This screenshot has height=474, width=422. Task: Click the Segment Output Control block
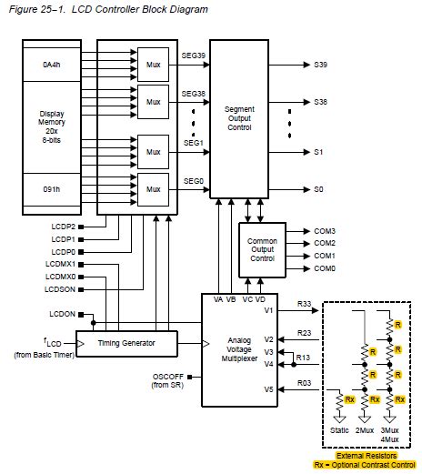pyautogui.click(x=246, y=118)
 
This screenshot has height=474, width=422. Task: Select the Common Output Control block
pyautogui.click(x=262, y=249)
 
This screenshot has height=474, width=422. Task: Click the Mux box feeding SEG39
pyautogui.click(x=151, y=65)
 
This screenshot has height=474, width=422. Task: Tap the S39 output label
pyautogui.click(x=320, y=65)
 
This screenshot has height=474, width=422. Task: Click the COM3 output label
pyautogui.click(x=326, y=231)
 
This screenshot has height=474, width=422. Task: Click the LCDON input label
pyautogui.click(x=62, y=314)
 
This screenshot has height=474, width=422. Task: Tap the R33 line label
pyautogui.click(x=305, y=303)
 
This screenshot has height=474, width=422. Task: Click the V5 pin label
pyautogui.click(x=268, y=388)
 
